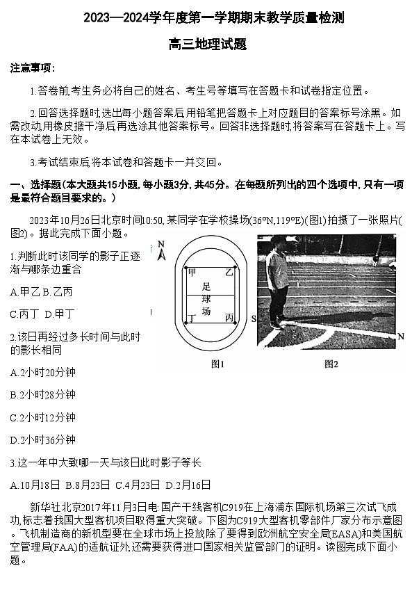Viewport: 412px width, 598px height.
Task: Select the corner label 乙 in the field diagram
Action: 228,272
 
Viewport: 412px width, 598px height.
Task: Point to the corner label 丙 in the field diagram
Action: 229,317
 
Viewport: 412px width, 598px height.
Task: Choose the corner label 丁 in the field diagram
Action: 192,318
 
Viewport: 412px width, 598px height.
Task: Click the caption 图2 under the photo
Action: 331,364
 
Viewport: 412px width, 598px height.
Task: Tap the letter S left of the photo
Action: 253,318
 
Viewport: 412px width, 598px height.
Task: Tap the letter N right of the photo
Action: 401,337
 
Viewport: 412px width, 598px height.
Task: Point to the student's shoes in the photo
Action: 277,324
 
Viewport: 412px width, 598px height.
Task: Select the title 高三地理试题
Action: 206,44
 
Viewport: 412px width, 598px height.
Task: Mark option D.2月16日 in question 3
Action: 188,485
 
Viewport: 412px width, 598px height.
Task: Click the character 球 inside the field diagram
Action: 206,300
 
